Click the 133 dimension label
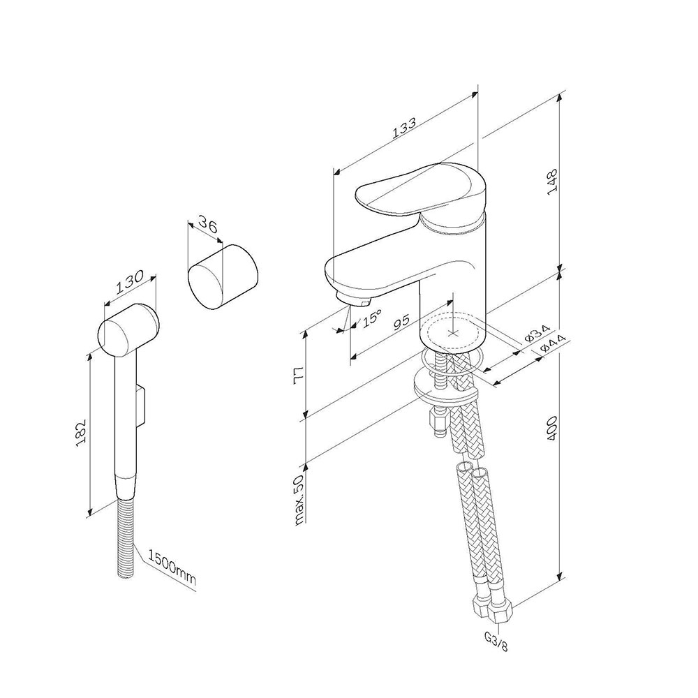[x=404, y=128]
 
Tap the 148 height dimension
[x=552, y=181]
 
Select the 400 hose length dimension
[x=552, y=429]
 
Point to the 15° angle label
[x=371, y=318]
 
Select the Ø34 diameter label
[x=537, y=333]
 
